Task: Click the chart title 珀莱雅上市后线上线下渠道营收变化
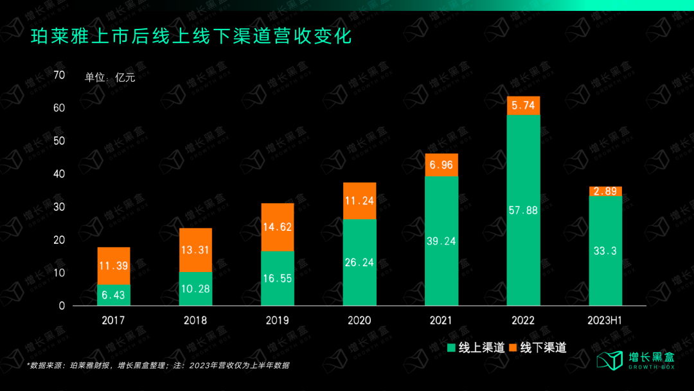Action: point(191,36)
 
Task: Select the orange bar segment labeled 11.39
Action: point(114,266)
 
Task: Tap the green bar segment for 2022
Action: point(523,210)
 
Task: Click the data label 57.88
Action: point(523,210)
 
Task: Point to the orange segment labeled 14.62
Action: point(278,227)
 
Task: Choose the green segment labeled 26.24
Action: point(359,262)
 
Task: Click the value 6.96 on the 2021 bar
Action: point(441,165)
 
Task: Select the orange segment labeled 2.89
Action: point(605,191)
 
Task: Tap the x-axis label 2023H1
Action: point(605,320)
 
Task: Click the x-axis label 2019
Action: point(278,320)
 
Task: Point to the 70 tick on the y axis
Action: point(60,75)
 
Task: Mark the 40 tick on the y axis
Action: point(60,174)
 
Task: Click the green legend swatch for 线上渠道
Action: point(451,348)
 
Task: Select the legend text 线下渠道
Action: point(543,348)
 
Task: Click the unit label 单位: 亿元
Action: point(110,78)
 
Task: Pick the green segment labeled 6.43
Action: point(114,295)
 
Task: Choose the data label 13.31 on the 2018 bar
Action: point(195,250)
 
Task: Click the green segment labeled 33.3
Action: point(605,251)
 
